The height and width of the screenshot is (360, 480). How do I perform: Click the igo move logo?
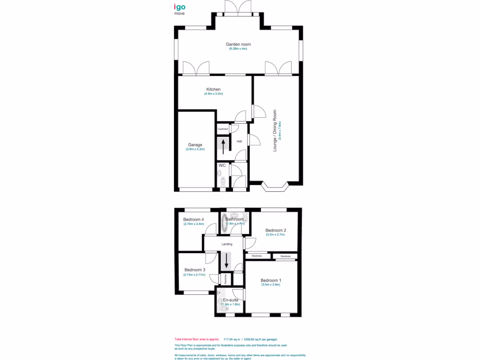coord(179,9)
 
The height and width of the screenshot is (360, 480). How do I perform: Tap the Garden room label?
coord(238,44)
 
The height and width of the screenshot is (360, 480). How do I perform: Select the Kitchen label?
coord(213,89)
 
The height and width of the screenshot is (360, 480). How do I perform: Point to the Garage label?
coord(195,145)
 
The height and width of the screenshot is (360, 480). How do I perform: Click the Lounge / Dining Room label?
coord(275,130)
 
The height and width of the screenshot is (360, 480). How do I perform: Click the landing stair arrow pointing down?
coord(226,261)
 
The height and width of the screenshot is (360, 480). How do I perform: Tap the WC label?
coord(222,165)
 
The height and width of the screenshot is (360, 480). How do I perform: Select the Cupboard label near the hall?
coord(223,128)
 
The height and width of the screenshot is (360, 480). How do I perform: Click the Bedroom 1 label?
coord(270,280)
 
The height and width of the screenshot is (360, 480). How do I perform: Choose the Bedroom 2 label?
coord(275,230)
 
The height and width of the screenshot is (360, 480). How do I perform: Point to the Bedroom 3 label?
coord(195,270)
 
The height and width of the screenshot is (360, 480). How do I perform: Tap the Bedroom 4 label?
coord(193,219)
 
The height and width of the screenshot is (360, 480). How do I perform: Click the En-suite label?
coord(230,299)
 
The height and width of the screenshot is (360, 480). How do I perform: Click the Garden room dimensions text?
coord(238,49)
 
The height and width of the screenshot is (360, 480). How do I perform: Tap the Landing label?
coord(227,244)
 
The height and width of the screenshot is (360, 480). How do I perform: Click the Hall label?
coord(239,141)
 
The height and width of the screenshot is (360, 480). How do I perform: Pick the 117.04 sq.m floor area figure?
coord(232,339)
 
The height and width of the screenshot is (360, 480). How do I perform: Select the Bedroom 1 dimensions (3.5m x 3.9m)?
coord(270,285)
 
